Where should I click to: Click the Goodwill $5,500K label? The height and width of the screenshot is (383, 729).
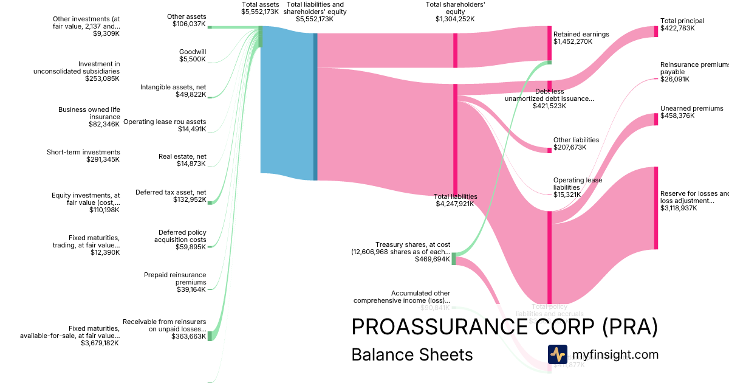click(x=192, y=55)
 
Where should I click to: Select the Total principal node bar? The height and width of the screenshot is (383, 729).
click(x=656, y=31)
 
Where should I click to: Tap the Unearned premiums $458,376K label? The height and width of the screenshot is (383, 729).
click(x=691, y=112)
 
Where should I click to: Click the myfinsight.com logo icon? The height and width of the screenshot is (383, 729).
click(x=557, y=354)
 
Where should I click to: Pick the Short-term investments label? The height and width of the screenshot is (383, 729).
click(x=83, y=156)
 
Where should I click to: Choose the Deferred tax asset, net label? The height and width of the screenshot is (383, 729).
click(x=171, y=195)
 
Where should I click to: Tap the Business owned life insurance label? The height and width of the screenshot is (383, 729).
click(x=89, y=117)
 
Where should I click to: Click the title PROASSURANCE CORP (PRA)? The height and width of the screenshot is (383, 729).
click(x=504, y=326)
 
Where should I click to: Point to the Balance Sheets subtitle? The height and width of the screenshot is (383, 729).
click(x=412, y=354)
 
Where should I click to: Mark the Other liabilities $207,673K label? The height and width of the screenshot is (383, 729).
click(x=576, y=143)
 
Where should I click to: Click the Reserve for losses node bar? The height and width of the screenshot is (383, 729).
click(x=656, y=208)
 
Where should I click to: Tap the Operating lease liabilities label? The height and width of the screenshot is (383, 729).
click(x=577, y=187)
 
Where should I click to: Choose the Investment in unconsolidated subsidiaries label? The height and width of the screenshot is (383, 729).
click(x=77, y=71)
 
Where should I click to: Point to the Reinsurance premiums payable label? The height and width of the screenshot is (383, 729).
click(x=693, y=71)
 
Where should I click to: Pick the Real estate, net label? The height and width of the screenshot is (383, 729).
click(x=182, y=160)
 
